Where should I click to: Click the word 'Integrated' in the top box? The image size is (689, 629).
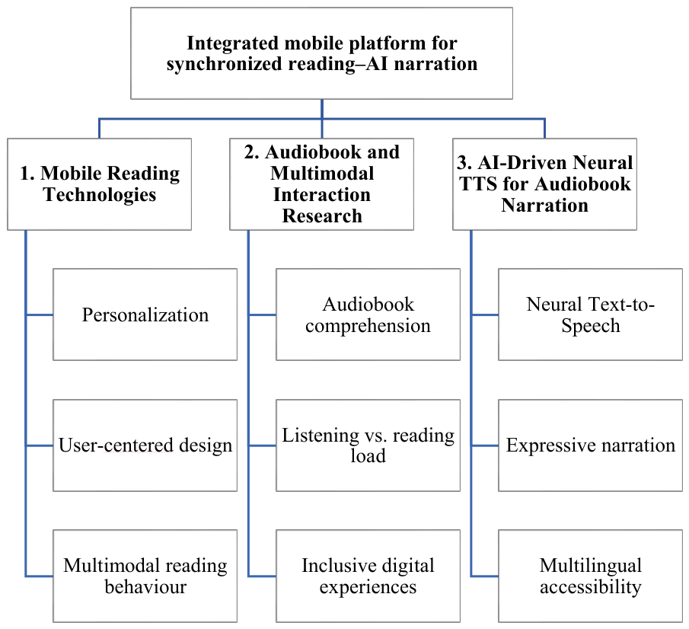(233, 43)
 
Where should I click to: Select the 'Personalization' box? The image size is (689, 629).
(145, 314)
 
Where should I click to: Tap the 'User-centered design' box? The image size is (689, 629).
(145, 445)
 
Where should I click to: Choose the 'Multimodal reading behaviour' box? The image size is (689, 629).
(145, 576)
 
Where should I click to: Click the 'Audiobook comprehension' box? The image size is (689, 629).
(368, 314)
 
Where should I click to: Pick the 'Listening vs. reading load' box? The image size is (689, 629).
(368, 445)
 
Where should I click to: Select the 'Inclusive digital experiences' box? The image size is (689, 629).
(368, 576)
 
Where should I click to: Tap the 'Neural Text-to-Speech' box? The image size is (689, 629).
(590, 314)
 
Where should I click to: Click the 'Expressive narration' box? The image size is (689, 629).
(590, 445)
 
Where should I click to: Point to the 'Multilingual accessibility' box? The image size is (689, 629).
(590, 576)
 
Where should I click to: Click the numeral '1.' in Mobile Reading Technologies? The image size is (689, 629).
(27, 174)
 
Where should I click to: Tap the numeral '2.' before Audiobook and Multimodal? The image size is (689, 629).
(252, 152)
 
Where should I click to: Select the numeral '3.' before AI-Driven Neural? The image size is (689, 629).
(464, 163)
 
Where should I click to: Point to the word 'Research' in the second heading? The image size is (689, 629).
(322, 216)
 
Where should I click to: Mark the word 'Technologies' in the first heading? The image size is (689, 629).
(100, 195)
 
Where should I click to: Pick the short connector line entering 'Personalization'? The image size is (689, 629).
(40, 314)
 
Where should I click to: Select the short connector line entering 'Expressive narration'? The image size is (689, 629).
(485, 445)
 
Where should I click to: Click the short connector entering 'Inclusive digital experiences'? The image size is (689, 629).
(263, 576)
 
